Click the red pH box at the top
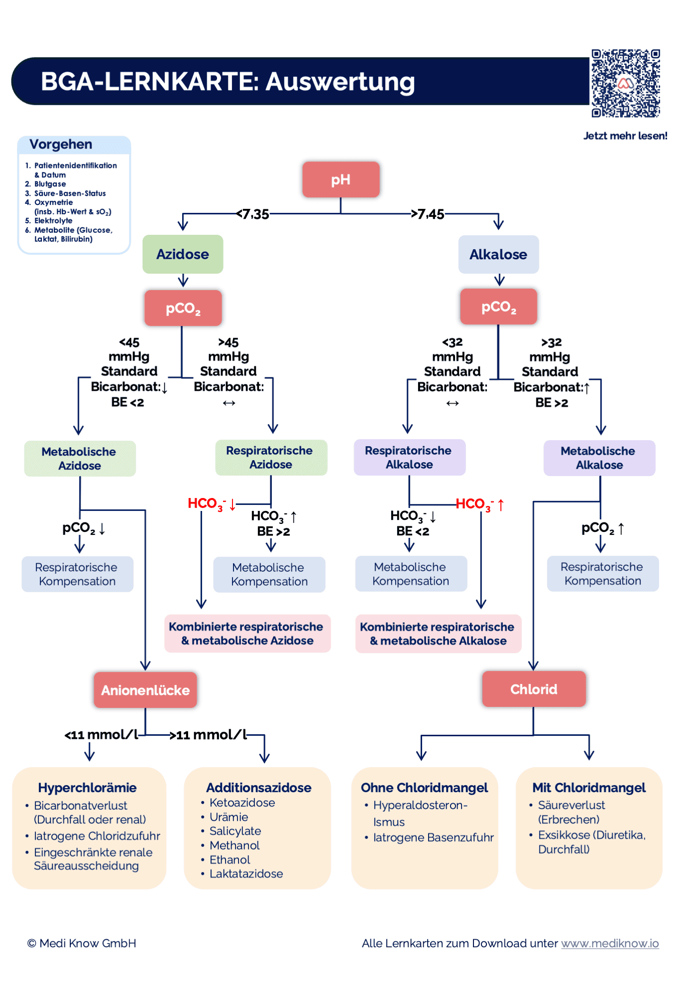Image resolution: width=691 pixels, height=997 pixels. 341,179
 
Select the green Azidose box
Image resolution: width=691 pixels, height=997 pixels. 183,254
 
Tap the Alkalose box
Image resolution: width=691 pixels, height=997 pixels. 498,255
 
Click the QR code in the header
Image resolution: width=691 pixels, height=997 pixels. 626,83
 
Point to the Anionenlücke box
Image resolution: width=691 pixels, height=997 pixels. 145,690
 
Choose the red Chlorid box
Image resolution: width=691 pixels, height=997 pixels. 534,689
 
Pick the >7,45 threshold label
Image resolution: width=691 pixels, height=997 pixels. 428,214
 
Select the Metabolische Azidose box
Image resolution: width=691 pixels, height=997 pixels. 80,459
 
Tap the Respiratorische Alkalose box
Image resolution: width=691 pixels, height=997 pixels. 409,458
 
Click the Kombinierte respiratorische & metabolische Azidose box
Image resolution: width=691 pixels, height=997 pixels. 247,634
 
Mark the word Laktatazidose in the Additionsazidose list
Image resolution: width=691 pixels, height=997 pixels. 246,874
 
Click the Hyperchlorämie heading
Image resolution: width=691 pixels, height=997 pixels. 87,788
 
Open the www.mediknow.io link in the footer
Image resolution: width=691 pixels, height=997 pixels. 610,943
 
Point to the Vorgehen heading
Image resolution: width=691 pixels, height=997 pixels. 61,145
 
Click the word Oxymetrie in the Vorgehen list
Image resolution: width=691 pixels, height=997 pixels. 53,202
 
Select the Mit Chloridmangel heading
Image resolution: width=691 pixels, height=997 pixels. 589,788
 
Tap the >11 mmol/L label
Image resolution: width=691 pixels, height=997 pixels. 208,735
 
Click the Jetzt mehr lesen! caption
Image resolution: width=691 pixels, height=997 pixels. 625,136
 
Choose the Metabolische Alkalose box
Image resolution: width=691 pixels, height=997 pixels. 599,458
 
